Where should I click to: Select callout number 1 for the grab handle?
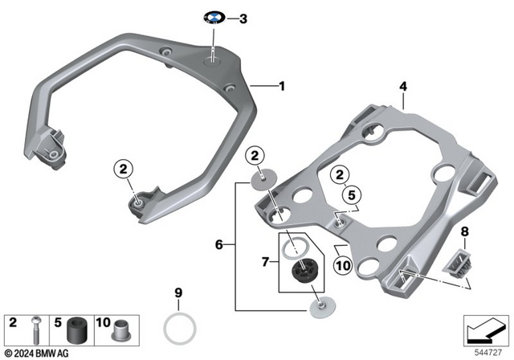click(x=280, y=84)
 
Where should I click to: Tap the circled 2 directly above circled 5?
click(x=340, y=174)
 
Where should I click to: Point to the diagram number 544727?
click(x=488, y=353)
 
